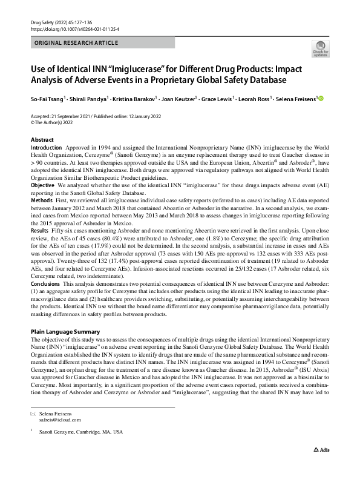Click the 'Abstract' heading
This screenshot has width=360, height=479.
tap(42, 140)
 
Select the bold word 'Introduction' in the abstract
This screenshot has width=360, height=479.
tap(46, 148)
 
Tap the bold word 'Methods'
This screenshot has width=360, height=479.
tap(42, 199)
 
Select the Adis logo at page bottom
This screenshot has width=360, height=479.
tap(323, 467)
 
